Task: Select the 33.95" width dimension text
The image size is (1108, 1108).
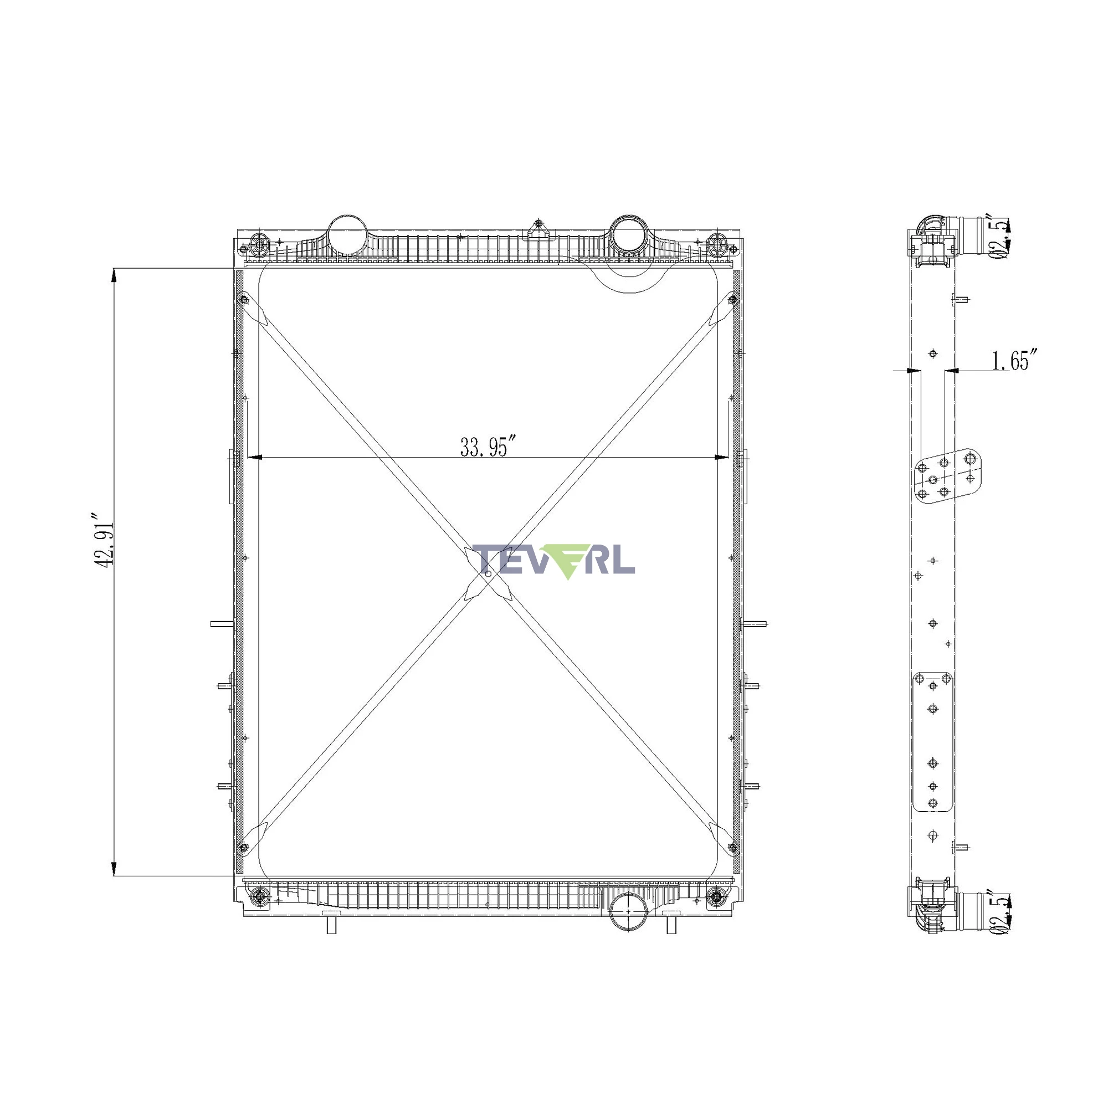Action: point(484,447)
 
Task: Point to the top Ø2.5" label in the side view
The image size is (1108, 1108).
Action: point(1002,238)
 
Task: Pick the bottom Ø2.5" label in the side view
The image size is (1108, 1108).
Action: point(1002,912)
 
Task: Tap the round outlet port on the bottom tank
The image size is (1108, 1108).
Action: point(629,912)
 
